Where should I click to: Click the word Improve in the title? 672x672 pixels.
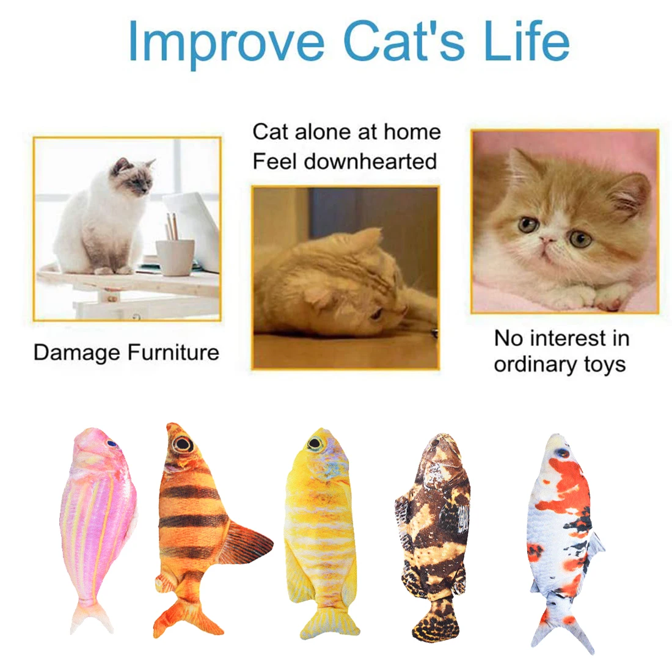[226, 41]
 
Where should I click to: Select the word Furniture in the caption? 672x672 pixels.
[173, 352]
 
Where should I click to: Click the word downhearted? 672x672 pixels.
[370, 161]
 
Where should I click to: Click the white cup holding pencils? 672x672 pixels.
[175, 257]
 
